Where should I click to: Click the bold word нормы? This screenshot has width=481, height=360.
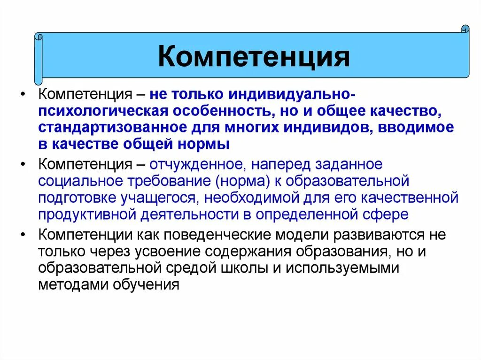207,144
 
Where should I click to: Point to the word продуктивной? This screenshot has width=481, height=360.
85,214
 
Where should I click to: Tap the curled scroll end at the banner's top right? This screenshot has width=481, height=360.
465,29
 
